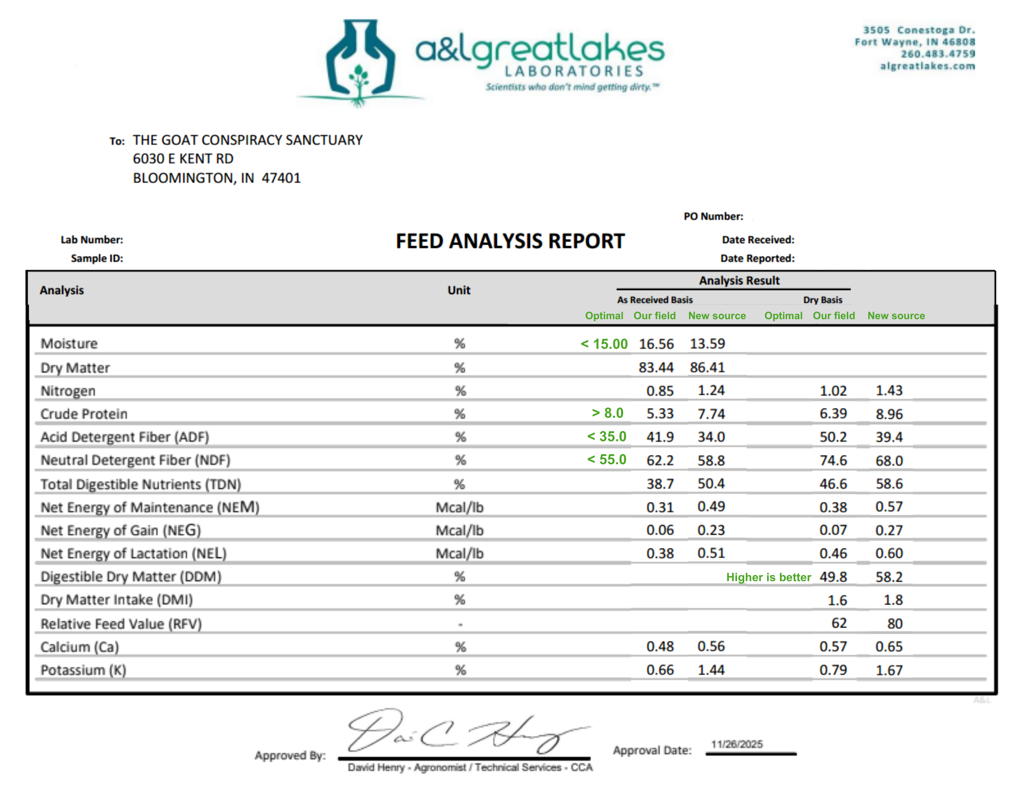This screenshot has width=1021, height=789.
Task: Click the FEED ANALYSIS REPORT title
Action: pos(510,241)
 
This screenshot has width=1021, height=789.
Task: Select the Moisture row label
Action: pos(69,344)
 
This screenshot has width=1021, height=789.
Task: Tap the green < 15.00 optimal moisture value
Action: pos(604,344)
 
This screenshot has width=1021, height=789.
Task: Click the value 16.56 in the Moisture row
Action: pos(656,344)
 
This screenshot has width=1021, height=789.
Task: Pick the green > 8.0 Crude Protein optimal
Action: pos(607,413)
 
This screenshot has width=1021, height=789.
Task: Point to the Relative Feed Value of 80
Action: pos(894,624)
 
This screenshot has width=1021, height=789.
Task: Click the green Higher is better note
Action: pos(768,577)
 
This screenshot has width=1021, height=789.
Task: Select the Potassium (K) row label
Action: pos(83,670)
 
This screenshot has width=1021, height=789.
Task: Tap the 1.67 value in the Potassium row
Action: pos(889,670)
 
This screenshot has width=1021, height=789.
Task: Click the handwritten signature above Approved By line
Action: pos(465,732)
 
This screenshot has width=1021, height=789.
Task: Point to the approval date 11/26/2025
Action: pos(737,744)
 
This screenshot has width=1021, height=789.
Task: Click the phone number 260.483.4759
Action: pos(938,54)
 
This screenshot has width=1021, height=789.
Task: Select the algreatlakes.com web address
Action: pos(928,66)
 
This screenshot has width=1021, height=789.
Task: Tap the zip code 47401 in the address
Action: pos(281,178)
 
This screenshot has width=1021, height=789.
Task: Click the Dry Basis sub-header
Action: pos(822,300)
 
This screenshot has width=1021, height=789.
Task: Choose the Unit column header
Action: pos(459,290)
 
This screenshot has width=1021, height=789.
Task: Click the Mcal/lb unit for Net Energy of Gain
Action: pos(459,531)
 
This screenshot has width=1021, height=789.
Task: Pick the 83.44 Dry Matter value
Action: pos(656,368)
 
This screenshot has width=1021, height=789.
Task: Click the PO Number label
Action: pos(713,217)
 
